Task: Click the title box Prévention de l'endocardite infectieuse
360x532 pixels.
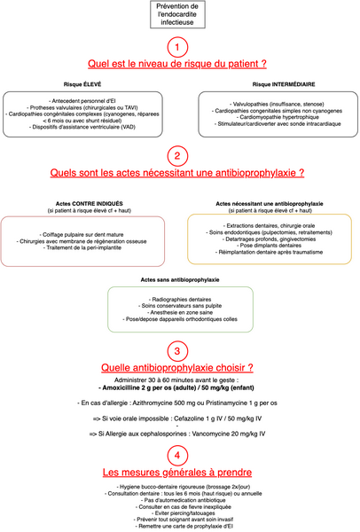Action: coord(179,14)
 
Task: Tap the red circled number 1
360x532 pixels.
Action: coord(179,46)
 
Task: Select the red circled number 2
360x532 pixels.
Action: coord(179,157)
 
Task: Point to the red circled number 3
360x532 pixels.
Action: coord(179,350)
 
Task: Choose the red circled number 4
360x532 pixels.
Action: coord(179,454)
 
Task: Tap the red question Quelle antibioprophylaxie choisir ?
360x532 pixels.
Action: coord(179,368)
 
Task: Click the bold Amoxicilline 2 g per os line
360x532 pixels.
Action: coord(179,388)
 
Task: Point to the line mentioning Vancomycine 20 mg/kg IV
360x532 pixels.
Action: coord(179,433)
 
